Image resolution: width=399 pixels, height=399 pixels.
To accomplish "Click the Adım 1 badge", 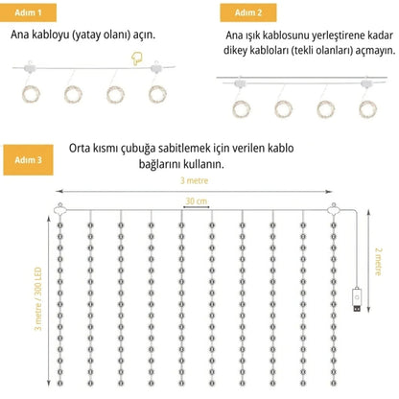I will (x=29, y=12).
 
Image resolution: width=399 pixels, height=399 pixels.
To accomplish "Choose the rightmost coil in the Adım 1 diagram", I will (x=155, y=94).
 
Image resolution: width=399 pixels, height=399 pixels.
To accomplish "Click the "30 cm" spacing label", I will (x=196, y=200).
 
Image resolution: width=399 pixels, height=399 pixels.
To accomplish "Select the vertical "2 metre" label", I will (x=380, y=259).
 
